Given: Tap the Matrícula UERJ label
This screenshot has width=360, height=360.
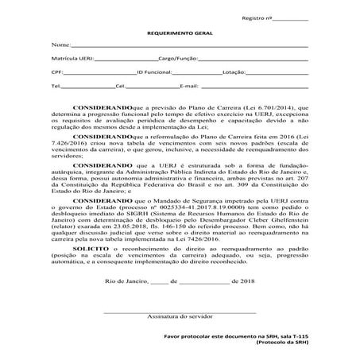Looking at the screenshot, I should pos(70,59).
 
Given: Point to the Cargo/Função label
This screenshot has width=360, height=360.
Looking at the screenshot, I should pos(176,59).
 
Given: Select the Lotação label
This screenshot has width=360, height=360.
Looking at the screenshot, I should pos(236,72).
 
